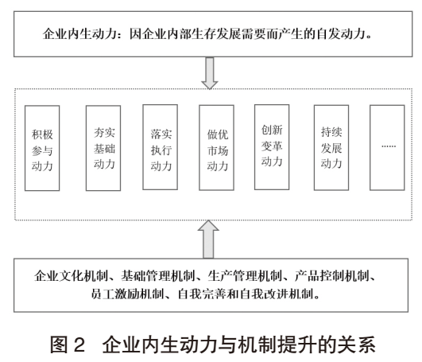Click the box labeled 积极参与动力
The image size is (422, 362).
[42, 148]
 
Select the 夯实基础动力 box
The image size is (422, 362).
[103, 148]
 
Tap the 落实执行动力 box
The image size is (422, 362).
[160, 147]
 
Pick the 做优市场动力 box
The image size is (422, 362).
[216, 148]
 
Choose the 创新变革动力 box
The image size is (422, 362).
[272, 147]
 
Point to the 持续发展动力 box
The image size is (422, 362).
[331, 148]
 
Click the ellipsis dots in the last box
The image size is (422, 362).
[389, 146]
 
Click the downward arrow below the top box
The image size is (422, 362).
[210, 73]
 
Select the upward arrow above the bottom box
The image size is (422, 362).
[208, 239]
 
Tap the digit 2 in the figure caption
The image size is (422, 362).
[79, 344]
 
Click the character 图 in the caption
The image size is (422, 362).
[60, 344]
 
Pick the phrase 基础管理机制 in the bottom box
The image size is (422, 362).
[157, 275]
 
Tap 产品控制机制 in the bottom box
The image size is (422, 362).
[331, 275]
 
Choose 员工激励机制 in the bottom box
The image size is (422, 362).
[128, 294]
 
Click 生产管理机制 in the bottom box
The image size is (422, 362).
[245, 275]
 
